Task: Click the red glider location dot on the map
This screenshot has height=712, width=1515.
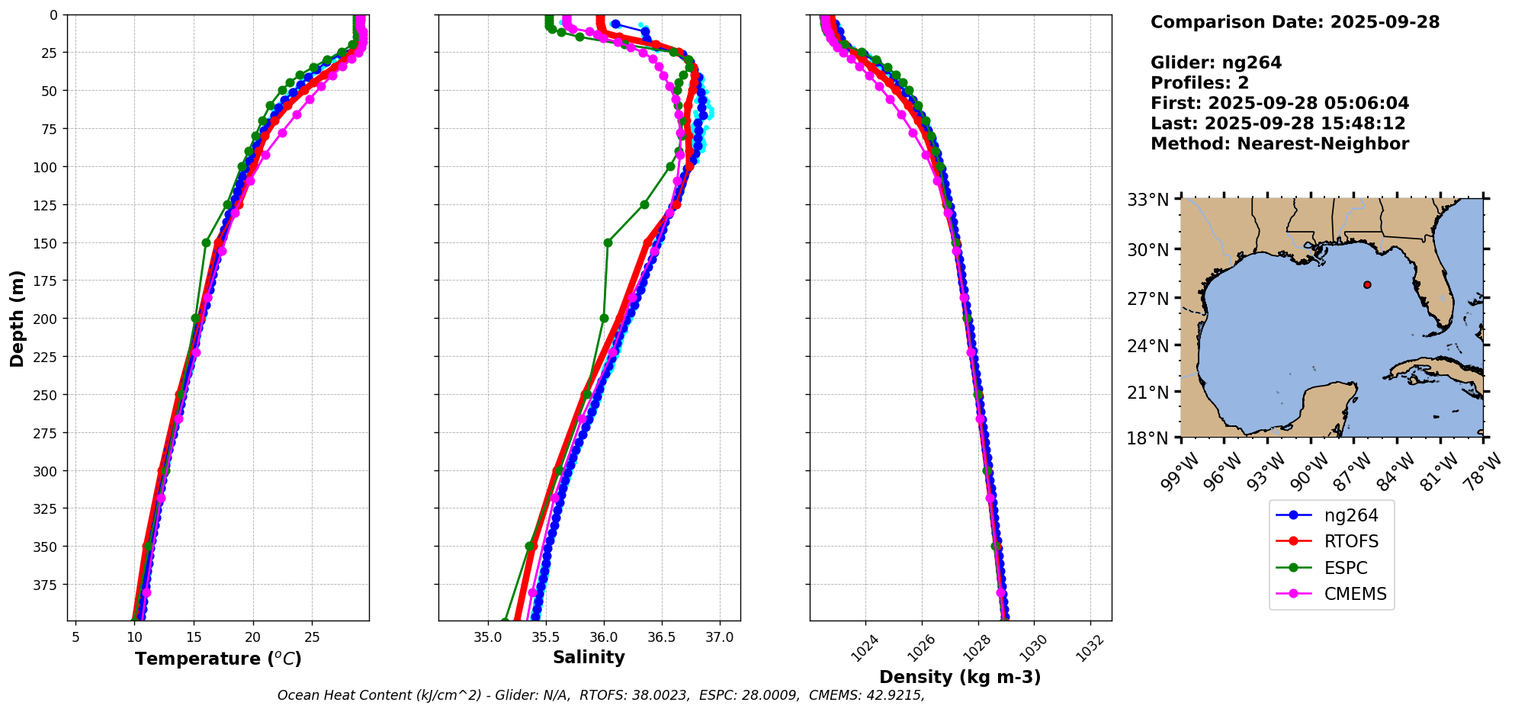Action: tap(1367, 285)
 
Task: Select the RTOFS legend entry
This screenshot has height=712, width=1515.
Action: tap(1351, 542)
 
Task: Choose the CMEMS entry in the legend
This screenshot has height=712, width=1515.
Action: tap(1355, 595)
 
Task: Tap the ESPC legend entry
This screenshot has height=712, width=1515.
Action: tap(1346, 568)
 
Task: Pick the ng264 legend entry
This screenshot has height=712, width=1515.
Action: tap(1351, 515)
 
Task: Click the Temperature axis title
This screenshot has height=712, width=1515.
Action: tap(218, 659)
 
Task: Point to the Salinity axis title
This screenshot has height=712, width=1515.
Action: tap(589, 658)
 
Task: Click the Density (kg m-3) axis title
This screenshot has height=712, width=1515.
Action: tap(960, 677)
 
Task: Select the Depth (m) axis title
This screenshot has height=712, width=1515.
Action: tap(17, 318)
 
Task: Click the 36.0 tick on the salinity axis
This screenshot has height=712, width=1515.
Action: tap(604, 637)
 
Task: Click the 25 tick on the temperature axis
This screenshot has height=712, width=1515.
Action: tap(312, 637)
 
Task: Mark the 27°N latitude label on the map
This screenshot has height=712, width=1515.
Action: tap(1147, 298)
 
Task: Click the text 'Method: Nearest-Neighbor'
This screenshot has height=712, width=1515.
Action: tap(1279, 144)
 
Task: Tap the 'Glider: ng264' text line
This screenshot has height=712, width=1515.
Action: tap(1216, 63)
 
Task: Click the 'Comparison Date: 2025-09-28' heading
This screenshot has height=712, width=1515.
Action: tap(1295, 22)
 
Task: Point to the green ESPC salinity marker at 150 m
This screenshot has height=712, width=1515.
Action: tap(608, 243)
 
